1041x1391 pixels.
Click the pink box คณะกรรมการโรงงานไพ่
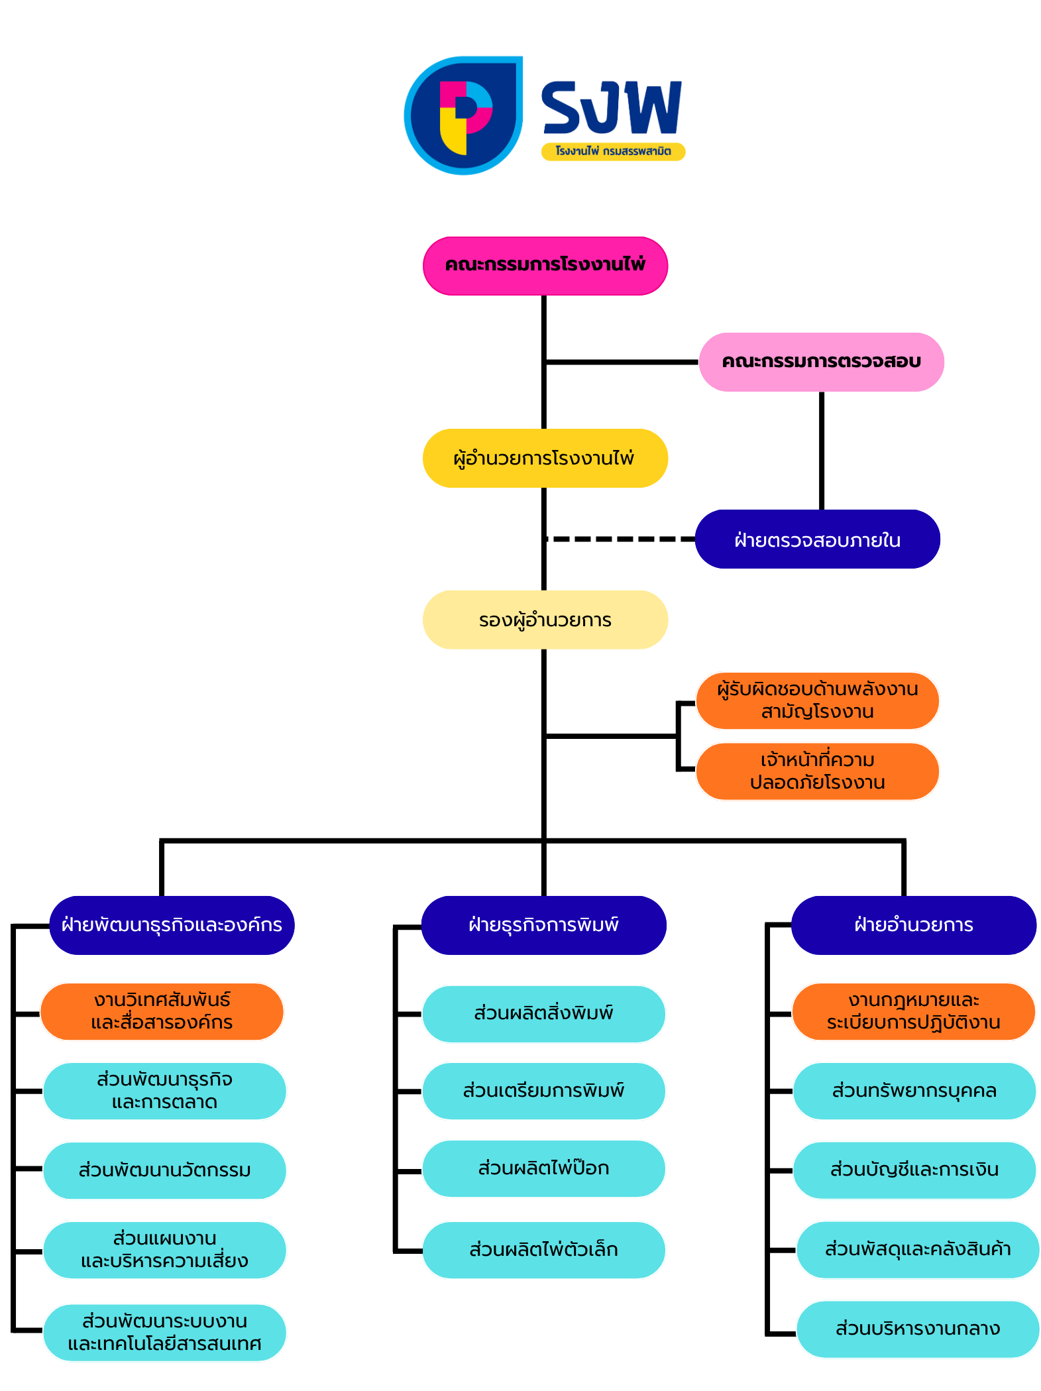click(x=545, y=265)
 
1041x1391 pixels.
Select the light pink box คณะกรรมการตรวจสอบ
click(x=821, y=362)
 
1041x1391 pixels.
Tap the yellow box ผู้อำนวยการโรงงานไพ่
click(x=545, y=459)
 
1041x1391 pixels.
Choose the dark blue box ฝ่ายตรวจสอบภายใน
click(x=817, y=539)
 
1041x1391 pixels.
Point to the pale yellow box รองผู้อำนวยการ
click(x=545, y=620)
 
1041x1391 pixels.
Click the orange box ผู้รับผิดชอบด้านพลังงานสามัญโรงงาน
click(x=817, y=700)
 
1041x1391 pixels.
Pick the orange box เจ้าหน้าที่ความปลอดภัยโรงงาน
click(x=817, y=771)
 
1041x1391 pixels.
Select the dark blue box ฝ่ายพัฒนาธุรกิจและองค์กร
click(x=172, y=925)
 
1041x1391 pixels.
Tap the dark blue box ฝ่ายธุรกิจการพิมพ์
click(x=543, y=925)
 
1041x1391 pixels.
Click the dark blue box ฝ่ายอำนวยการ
click(x=913, y=925)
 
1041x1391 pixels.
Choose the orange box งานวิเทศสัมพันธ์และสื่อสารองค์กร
click(x=162, y=1011)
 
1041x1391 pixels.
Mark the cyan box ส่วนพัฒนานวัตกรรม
click(x=164, y=1170)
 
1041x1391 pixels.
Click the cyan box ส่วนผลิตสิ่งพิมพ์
click(x=543, y=1013)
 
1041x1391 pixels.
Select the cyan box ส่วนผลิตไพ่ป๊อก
click(x=543, y=1168)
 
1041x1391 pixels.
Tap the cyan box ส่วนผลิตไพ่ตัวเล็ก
click(x=543, y=1250)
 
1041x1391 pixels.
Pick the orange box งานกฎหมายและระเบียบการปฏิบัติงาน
click(x=913, y=1011)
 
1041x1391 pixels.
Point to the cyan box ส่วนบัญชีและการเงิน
click(x=914, y=1170)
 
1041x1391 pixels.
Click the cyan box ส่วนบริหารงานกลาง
click(x=918, y=1329)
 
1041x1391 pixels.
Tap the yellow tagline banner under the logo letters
click(x=613, y=152)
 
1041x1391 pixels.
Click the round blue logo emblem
click(x=463, y=115)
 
